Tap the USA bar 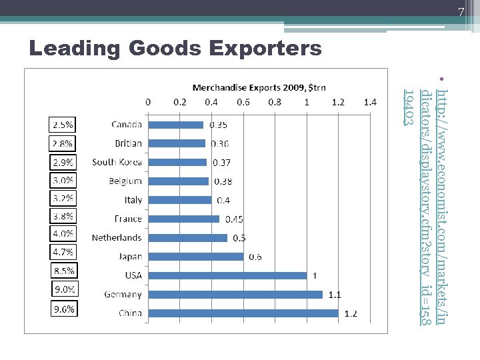227,275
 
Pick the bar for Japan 196,257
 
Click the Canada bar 175,124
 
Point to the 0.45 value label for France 234,219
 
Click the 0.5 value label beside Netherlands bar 239,238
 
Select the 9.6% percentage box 65,309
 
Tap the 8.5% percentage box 65,271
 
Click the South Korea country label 117,162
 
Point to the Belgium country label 125,181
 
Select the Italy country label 133,200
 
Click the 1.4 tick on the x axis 370,103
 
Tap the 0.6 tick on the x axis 243,103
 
